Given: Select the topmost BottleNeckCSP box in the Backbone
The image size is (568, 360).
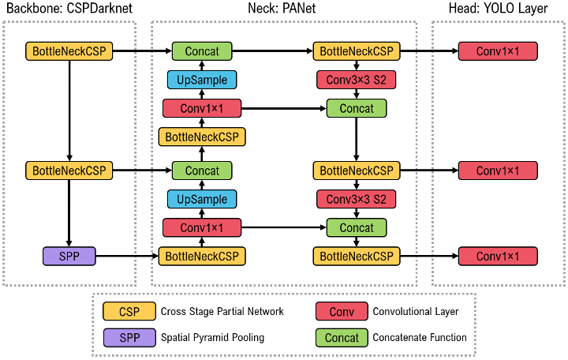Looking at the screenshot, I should (69, 51).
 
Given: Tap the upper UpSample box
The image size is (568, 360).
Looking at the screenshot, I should (202, 80).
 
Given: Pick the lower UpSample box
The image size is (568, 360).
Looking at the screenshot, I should (202, 199).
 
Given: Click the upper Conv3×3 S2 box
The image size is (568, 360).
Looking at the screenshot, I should (356, 80).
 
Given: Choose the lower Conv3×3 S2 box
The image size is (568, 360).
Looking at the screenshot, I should (356, 199).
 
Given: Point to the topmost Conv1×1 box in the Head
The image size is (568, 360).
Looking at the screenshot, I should (499, 51).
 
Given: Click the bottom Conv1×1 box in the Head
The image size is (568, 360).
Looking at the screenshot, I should (499, 256).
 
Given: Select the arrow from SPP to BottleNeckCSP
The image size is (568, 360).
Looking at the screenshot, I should (126, 256).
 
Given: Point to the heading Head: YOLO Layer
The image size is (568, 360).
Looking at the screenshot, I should (499, 9).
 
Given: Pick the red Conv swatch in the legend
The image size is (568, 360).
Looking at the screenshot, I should (342, 311).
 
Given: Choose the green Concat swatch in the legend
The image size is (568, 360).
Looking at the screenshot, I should (342, 337).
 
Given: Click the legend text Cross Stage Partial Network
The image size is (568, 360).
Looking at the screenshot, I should (222, 311).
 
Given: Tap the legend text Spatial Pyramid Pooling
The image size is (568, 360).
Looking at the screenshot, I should (212, 337).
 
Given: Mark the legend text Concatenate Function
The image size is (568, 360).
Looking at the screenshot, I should (420, 337).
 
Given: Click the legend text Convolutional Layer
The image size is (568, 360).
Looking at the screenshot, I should (416, 311).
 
